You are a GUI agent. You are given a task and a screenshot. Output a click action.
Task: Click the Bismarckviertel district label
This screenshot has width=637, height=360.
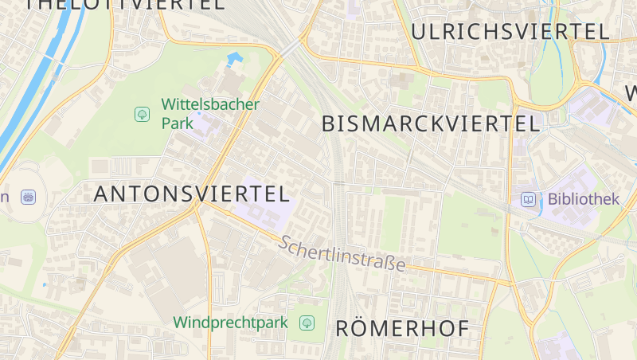pyautogui.click(x=431, y=123)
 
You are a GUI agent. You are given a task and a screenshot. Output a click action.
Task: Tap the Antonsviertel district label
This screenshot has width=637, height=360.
pyautogui.click(x=191, y=194)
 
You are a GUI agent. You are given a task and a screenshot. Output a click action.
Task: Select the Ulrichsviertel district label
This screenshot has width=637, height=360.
pyautogui.click(x=510, y=32)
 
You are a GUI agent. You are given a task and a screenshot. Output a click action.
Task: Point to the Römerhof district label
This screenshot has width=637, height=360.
pyautogui.click(x=401, y=328)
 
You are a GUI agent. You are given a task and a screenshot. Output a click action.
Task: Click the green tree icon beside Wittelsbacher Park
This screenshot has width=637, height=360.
pyautogui.click(x=142, y=114)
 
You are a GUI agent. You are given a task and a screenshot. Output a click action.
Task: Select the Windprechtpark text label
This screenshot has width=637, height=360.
pyautogui.click(x=230, y=323)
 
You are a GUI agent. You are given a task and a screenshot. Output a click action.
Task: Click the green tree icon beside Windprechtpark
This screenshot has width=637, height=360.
pyautogui.click(x=307, y=323)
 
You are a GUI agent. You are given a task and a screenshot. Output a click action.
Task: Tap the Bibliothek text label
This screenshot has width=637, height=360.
pyautogui.click(x=583, y=199)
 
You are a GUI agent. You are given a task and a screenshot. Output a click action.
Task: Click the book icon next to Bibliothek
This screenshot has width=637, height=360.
pyautogui.click(x=529, y=199)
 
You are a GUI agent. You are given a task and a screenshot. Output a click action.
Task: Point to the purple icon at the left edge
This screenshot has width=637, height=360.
pyautogui.click(x=29, y=196)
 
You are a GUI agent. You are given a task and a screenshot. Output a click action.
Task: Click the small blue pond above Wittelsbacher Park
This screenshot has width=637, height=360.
pyautogui.click(x=234, y=59)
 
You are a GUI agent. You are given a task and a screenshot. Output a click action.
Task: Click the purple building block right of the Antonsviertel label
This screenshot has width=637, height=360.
pyautogui.click(x=263, y=199)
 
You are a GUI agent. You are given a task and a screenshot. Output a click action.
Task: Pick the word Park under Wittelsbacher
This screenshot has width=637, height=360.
pyautogui.click(x=178, y=123)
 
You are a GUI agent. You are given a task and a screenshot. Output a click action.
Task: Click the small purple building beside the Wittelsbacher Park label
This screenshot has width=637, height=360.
pyautogui.click(x=203, y=124)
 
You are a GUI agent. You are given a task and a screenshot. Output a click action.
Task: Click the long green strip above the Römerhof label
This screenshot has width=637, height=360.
pyautogui.click(x=395, y=223)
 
